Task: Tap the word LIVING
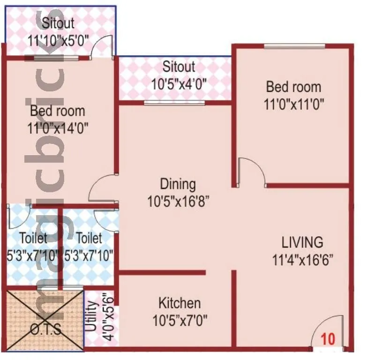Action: point(302,242)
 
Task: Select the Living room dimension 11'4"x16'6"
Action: point(302,260)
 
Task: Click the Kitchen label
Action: point(180,303)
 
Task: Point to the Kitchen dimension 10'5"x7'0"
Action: point(180,321)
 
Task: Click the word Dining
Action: point(178,184)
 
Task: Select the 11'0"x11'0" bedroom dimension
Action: point(294,104)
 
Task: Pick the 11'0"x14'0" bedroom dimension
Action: point(58,127)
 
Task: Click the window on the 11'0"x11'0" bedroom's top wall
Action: point(294,46)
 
